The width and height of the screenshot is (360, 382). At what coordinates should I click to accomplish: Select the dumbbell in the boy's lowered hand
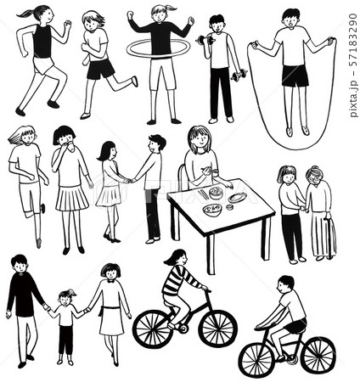[x=239, y=76]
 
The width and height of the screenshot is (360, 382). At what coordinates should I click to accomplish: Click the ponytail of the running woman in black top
[x=26, y=13]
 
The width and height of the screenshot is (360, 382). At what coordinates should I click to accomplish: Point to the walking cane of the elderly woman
[x=329, y=238]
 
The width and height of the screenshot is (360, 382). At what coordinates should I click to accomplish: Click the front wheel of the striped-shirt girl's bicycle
[x=217, y=329]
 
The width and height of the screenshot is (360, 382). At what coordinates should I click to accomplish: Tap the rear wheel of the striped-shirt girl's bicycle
[x=153, y=329]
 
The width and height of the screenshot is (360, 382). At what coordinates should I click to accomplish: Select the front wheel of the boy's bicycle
[x=256, y=360]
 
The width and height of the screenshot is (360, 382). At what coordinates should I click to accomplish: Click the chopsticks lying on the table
[x=204, y=194]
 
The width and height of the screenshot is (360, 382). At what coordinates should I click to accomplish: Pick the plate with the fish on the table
[x=237, y=198]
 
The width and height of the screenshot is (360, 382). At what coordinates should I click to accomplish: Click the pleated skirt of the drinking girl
[x=72, y=199]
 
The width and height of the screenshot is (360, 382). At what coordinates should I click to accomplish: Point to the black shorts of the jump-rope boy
[x=295, y=76]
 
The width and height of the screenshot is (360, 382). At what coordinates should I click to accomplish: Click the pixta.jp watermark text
[x=353, y=65]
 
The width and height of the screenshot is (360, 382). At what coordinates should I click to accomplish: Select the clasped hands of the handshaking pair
[x=132, y=180]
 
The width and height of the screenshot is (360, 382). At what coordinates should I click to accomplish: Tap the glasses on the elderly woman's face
[x=313, y=178]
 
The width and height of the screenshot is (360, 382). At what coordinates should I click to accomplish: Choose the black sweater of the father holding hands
[x=23, y=295]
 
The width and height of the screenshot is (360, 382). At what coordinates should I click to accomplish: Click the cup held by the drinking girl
[x=70, y=146]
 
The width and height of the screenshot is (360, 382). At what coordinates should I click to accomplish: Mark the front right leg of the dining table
[x=211, y=255]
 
